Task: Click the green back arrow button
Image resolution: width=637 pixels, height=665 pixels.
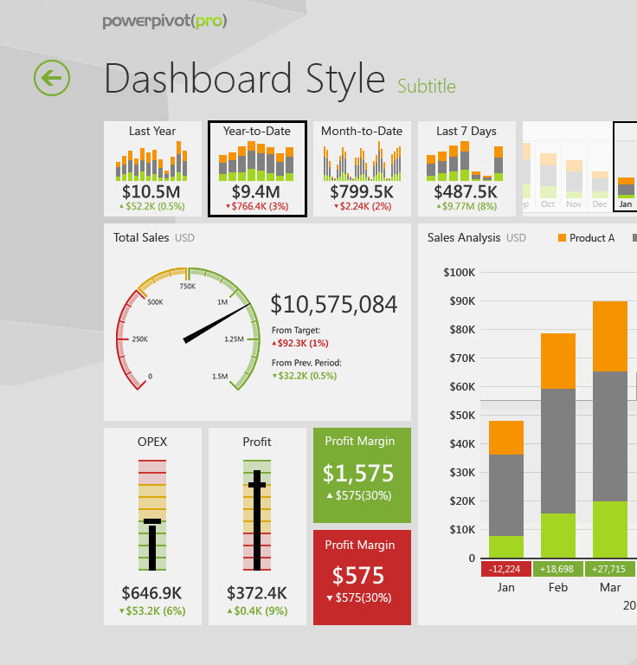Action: tap(52, 78)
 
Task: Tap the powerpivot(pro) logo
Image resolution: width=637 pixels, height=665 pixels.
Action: tap(164, 22)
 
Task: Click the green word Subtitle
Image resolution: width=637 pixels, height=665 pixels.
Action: tap(426, 86)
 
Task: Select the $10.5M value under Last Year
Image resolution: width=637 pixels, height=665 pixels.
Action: tap(151, 191)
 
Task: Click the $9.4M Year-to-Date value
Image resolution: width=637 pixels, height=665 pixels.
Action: tap(256, 191)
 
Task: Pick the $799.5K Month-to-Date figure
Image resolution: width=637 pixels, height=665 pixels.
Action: tap(362, 191)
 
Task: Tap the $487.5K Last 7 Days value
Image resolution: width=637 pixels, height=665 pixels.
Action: tap(466, 191)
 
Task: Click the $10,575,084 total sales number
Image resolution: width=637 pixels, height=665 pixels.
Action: tap(334, 305)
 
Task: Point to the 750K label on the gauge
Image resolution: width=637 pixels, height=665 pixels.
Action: tap(187, 286)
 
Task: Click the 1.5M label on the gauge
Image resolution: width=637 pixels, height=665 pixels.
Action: tap(220, 377)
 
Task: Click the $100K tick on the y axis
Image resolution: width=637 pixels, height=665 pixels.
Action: tap(459, 273)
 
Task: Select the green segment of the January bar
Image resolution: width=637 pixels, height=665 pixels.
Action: tap(506, 546)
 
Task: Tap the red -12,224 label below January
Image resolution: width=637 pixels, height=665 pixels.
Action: tap(505, 569)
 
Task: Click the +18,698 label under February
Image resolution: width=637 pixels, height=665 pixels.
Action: tap(557, 569)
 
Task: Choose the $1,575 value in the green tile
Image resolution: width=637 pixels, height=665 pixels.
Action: tap(358, 474)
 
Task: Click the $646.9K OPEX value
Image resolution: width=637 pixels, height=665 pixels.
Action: tap(151, 593)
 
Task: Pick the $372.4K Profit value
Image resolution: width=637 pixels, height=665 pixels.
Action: tap(257, 593)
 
